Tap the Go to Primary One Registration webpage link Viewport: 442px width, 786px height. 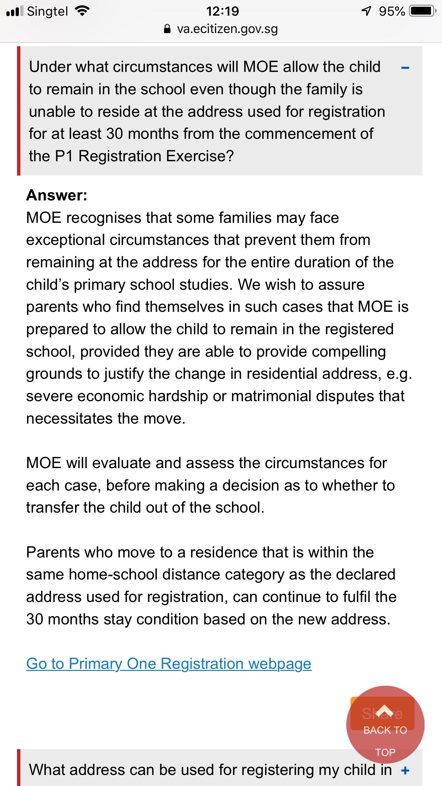(x=169, y=664)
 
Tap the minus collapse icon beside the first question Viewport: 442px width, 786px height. (x=405, y=68)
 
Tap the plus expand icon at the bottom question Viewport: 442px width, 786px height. (x=405, y=771)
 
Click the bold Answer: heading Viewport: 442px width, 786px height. (x=57, y=195)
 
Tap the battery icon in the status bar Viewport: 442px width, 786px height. (x=422, y=11)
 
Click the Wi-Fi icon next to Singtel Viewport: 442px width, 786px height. (x=82, y=11)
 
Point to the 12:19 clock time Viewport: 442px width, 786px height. (x=222, y=11)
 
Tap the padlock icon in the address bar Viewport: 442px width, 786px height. (x=167, y=29)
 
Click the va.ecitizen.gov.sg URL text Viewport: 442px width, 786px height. (x=227, y=29)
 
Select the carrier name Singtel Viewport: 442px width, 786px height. (x=47, y=11)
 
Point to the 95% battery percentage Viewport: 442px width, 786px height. (x=392, y=11)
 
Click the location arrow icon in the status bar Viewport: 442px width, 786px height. (x=367, y=11)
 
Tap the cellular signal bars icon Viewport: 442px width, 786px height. (x=15, y=11)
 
